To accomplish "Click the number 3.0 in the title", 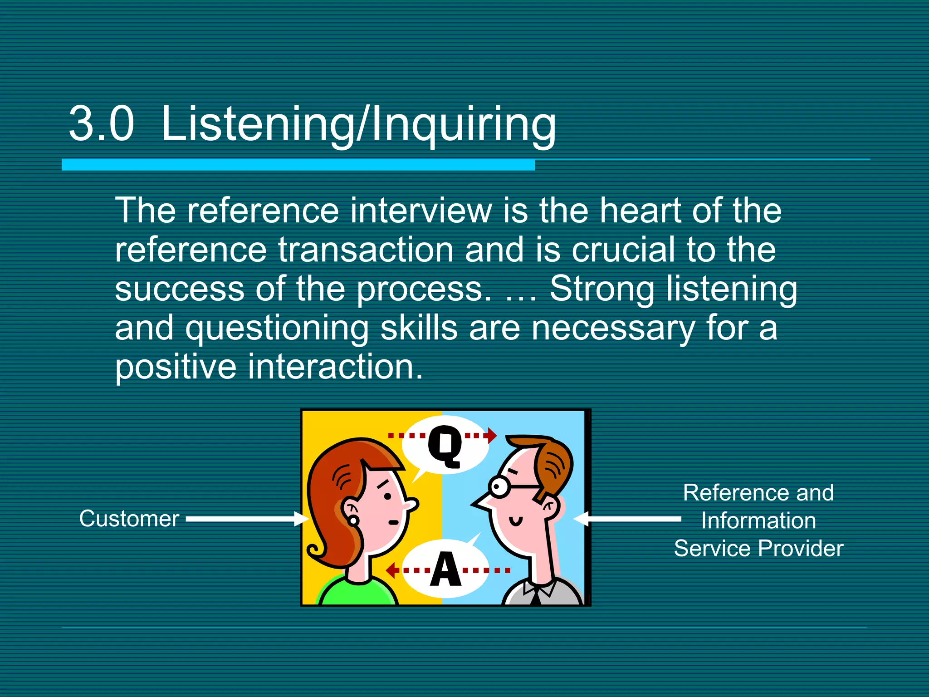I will pos(102,124).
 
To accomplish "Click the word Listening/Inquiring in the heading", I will pos(358,124).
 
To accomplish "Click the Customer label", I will pos(129,519).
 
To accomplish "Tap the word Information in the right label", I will pos(758,520).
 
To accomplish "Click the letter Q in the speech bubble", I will pos(445,447).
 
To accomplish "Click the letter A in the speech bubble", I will pos(445,569).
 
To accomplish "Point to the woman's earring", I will pos(353,520).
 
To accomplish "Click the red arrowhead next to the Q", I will pos(492,436).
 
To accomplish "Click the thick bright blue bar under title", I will pos(298,165).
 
